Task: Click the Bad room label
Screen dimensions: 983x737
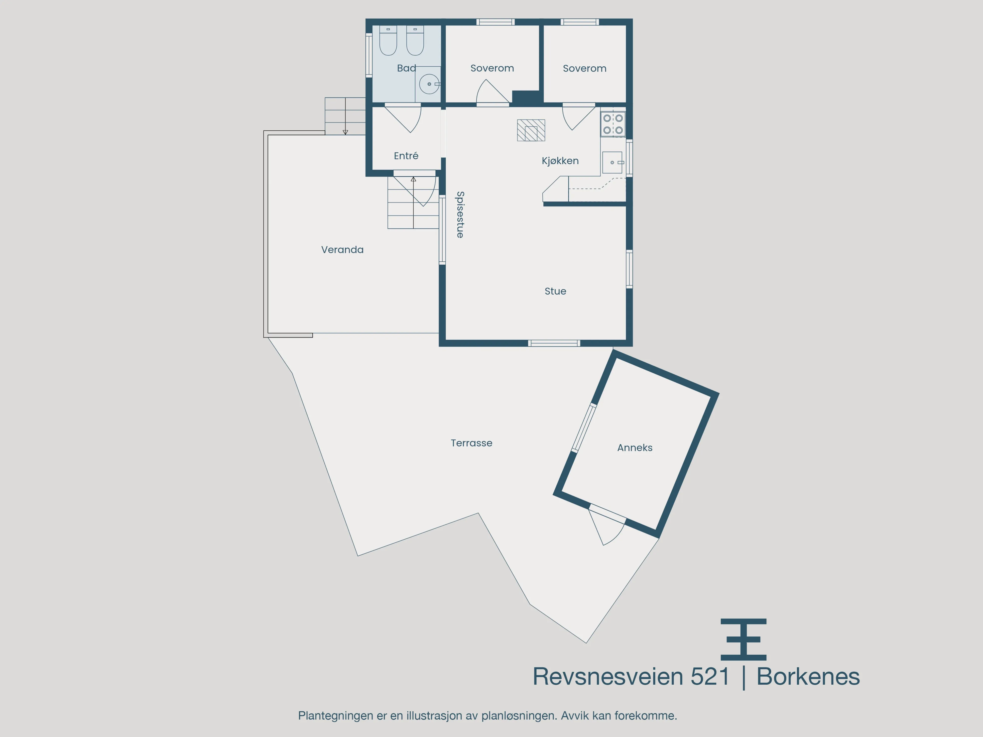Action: pos(406,68)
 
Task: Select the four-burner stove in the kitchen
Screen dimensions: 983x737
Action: pos(613,124)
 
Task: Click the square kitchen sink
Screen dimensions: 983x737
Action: pos(612,163)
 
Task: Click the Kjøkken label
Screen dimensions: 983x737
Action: pos(560,161)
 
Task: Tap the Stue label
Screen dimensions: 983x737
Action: pos(555,291)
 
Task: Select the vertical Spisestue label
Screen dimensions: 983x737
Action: pos(460,214)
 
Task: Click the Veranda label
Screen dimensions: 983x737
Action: pos(342,250)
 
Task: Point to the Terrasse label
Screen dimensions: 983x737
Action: pos(472,443)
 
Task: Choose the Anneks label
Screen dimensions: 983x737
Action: pos(635,448)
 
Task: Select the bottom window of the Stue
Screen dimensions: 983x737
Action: pos(554,343)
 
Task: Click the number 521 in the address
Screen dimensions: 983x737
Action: pos(710,677)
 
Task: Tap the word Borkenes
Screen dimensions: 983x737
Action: pos(808,677)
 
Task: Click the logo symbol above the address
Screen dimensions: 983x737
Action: pos(743,639)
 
